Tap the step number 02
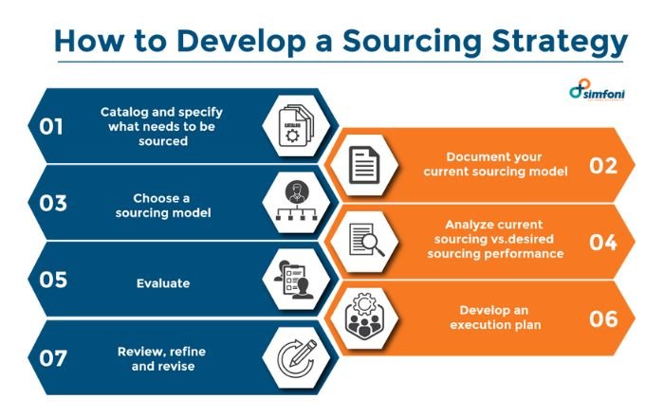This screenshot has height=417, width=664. [603, 165]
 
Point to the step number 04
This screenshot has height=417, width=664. [603, 241]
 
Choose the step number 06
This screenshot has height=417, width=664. [603, 318]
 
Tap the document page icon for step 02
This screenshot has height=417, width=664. [363, 166]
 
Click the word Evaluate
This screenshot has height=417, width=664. [162, 282]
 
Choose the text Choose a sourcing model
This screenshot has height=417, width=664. [162, 205]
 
